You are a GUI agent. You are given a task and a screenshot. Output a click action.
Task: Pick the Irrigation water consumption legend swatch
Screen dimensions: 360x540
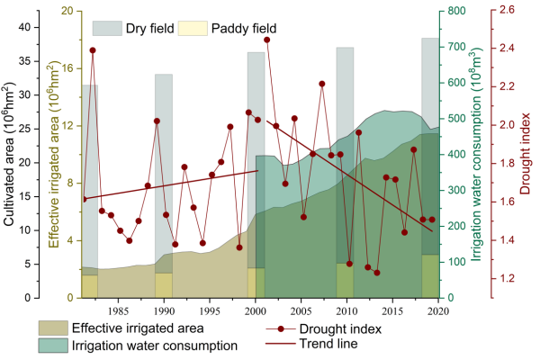click(x=52, y=345)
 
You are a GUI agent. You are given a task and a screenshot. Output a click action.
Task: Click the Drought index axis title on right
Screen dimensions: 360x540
click(x=529, y=153)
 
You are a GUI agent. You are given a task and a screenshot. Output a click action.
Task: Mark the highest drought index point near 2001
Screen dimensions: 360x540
click(x=267, y=40)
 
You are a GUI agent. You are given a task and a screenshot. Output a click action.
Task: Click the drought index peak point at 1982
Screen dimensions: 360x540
click(x=93, y=50)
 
